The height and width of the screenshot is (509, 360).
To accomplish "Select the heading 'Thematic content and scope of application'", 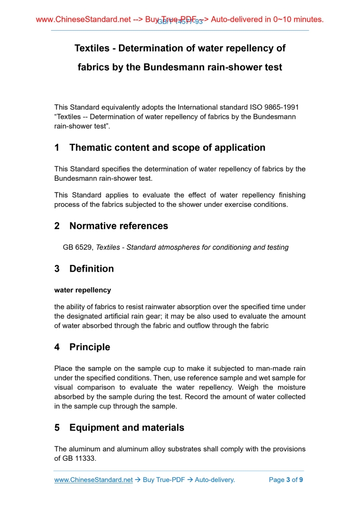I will pyautogui.click(x=167, y=148).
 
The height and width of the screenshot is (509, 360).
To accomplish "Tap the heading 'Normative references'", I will pyautogui.click(x=118, y=226).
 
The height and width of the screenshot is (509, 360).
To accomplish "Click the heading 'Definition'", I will pyautogui.click(x=91, y=269).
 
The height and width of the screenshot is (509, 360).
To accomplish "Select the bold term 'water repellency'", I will pyautogui.click(x=83, y=290).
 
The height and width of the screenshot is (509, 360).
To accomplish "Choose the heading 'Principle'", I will pyautogui.click(x=89, y=347).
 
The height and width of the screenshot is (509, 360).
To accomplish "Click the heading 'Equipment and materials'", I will pyautogui.click(x=126, y=428).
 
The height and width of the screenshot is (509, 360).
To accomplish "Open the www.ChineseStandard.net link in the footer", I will pyautogui.click(x=94, y=480).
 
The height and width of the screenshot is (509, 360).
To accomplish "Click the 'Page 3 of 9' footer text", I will pyautogui.click(x=286, y=480).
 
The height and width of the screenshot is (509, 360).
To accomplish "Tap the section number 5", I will pyautogui.click(x=57, y=428).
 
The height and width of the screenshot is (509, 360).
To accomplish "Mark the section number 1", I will pyautogui.click(x=57, y=148).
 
